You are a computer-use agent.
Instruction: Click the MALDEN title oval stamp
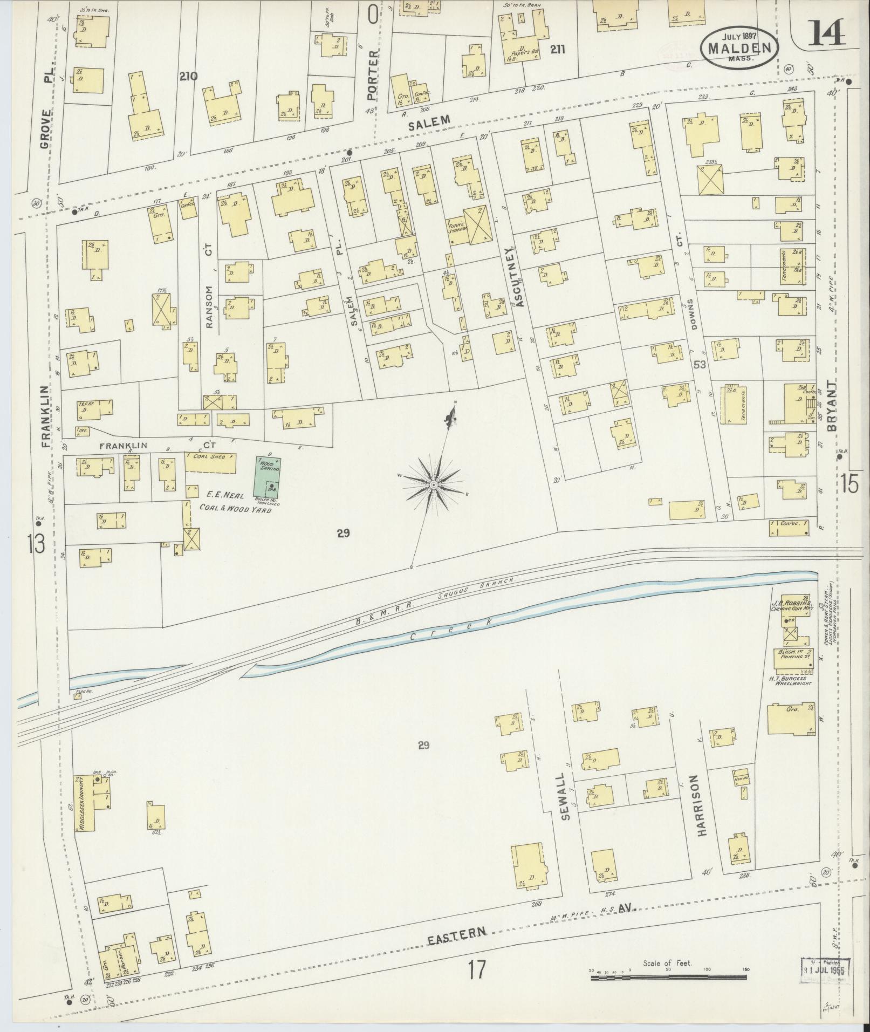(x=739, y=47)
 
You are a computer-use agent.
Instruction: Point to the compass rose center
(x=434, y=485)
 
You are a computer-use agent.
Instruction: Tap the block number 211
(x=557, y=50)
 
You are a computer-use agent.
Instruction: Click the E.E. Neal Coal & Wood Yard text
(x=235, y=501)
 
